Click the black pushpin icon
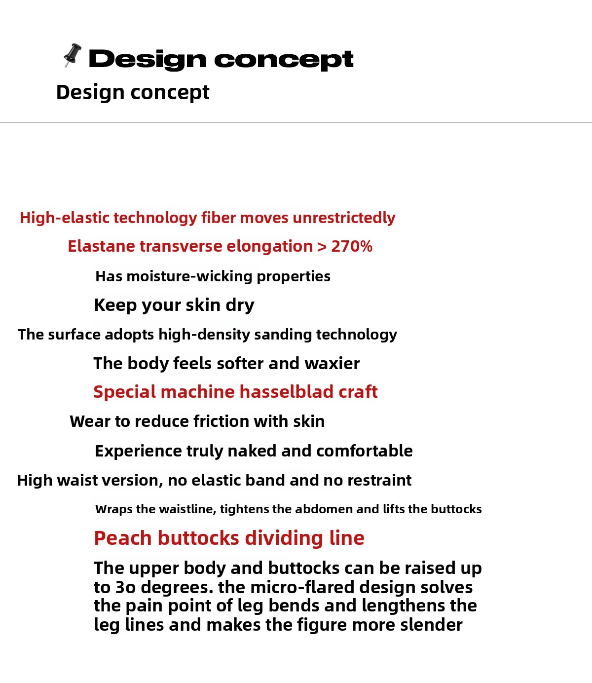point(73,55)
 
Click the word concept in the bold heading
point(284,60)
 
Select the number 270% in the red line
point(351,246)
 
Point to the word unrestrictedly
point(344,218)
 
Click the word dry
point(240,305)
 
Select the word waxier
point(332,363)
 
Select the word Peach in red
point(123,538)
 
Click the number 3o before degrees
point(125,587)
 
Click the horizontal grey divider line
point(296,122)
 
